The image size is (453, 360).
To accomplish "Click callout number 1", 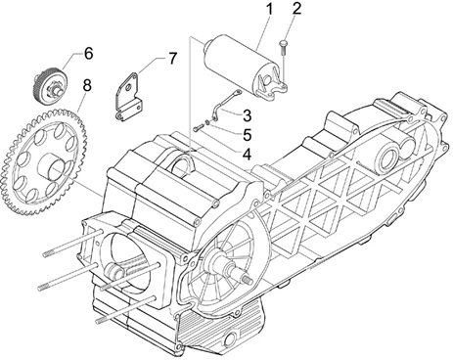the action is pyautogui.click(x=269, y=10).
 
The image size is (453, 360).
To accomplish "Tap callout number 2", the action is pyautogui.click(x=296, y=9).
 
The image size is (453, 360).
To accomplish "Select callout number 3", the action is pyautogui.click(x=247, y=115).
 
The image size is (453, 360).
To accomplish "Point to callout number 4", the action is pyautogui.click(x=247, y=155).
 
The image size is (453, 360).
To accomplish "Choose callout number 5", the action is pyautogui.click(x=248, y=135).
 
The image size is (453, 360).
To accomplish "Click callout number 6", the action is pyautogui.click(x=88, y=53).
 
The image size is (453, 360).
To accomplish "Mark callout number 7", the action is pyautogui.click(x=172, y=59).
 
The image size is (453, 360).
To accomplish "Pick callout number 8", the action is pyautogui.click(x=87, y=85).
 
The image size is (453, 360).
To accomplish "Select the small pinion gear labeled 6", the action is pyautogui.click(x=48, y=82).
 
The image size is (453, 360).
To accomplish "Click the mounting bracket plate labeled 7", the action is pyautogui.click(x=128, y=97).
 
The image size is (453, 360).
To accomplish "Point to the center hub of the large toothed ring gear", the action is pyautogui.click(x=52, y=166).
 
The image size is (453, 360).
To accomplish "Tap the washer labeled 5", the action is pyautogui.click(x=207, y=123).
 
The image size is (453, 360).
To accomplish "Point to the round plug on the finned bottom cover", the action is pyautogui.click(x=232, y=337).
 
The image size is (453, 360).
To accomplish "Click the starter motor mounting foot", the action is pyautogui.click(x=273, y=85).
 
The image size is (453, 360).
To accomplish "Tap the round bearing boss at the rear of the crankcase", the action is pyautogui.click(x=389, y=157).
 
